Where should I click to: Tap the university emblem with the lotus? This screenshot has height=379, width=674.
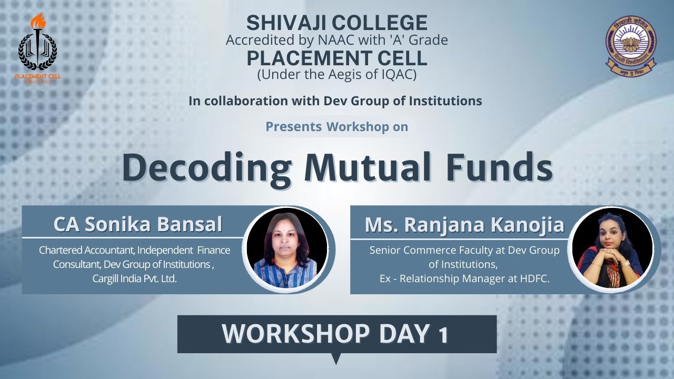[x=631, y=46]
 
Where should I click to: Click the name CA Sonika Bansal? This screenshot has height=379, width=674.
[x=137, y=224]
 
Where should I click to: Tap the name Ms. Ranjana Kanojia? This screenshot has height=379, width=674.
[x=464, y=224]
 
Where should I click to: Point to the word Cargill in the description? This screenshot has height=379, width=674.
[x=107, y=279]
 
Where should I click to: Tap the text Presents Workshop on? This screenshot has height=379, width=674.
[x=336, y=127]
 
